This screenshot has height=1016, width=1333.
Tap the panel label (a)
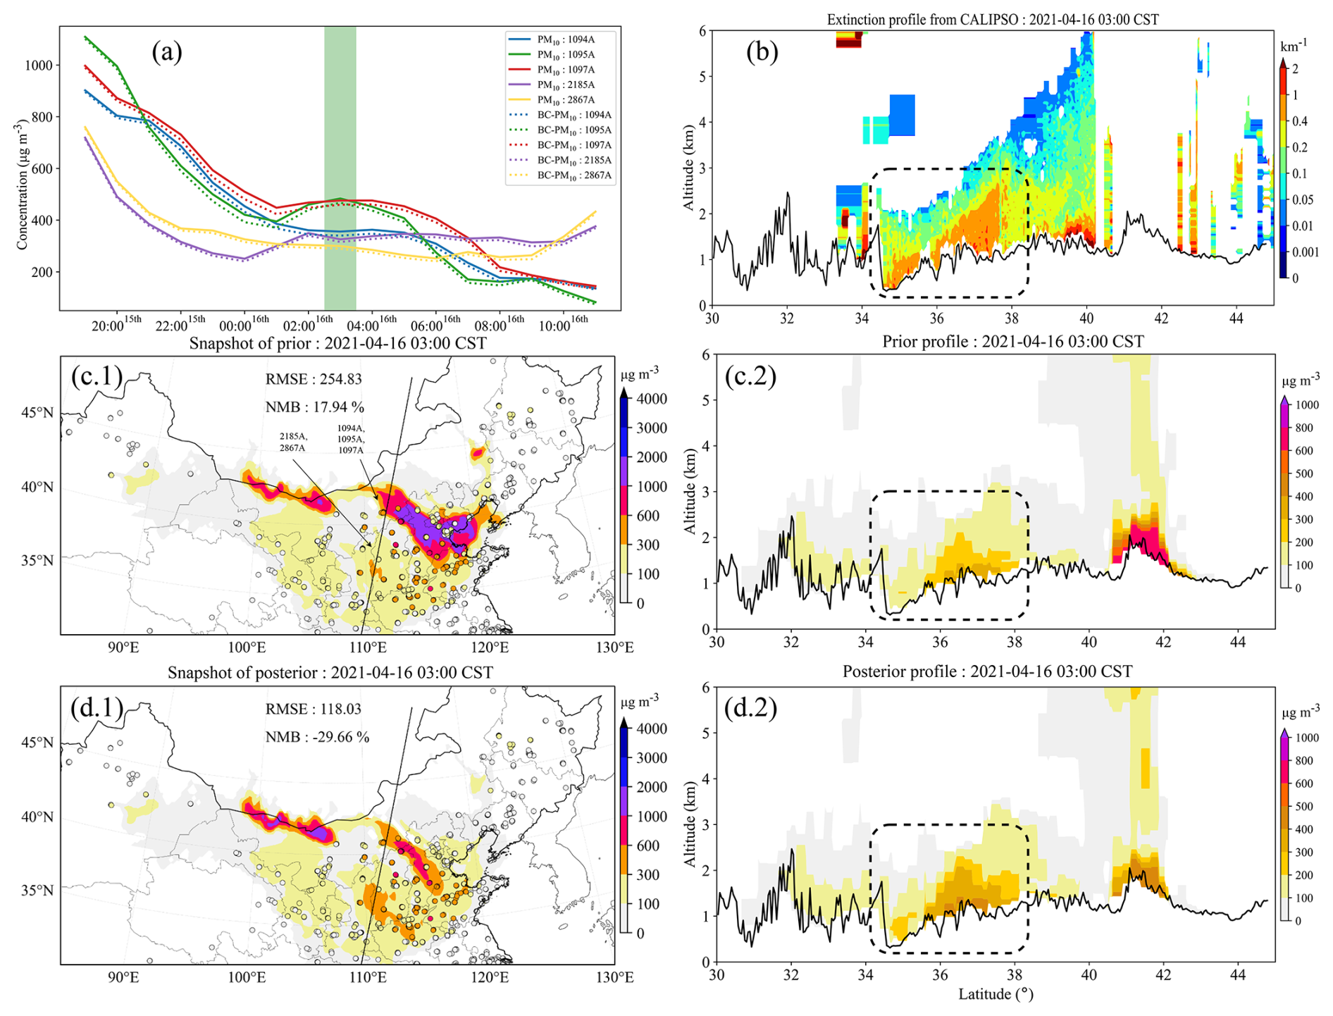[x=167, y=51]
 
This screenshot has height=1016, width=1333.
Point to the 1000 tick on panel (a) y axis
[x=39, y=66]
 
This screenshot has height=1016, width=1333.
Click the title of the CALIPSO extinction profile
[x=992, y=20]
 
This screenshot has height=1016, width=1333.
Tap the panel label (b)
[x=762, y=52]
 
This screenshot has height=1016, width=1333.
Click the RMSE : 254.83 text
[x=314, y=379]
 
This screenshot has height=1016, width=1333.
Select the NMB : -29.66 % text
[x=317, y=737]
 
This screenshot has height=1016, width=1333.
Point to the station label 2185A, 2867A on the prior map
[x=292, y=442]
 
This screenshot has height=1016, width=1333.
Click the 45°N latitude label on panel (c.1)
[x=37, y=412]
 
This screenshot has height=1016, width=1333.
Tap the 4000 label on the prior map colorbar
[x=652, y=399]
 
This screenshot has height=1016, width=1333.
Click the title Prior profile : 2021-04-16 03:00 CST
[x=1012, y=342]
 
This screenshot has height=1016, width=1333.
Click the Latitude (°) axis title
[x=995, y=994]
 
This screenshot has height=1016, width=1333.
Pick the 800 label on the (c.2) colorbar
[x=1304, y=428]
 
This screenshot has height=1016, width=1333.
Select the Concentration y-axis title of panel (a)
[x=23, y=185]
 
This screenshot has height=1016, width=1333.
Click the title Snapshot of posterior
[x=330, y=673]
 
